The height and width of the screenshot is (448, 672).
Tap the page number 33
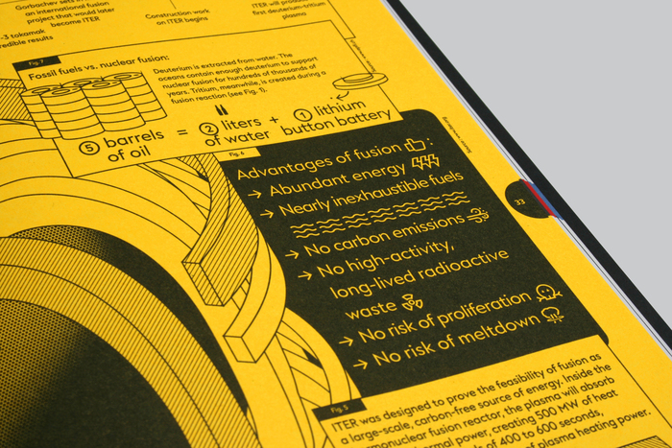(x=519, y=202)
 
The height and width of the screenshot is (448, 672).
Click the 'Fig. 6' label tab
(x=238, y=153)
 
